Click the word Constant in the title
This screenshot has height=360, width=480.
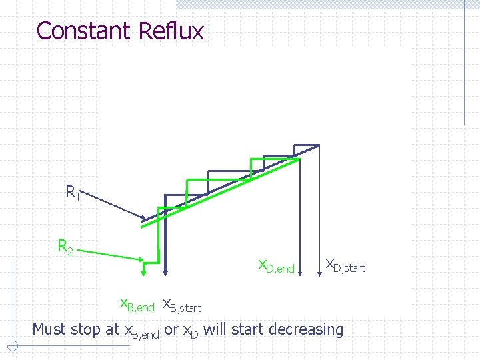83,31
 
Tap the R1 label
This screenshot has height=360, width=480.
73,193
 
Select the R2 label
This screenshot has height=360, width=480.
65,247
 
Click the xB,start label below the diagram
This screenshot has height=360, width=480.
182,305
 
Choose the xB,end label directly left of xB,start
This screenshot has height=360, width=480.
137,305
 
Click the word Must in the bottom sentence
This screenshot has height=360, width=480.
49,329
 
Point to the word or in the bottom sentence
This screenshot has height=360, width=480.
171,329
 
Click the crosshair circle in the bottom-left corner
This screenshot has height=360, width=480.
12,346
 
